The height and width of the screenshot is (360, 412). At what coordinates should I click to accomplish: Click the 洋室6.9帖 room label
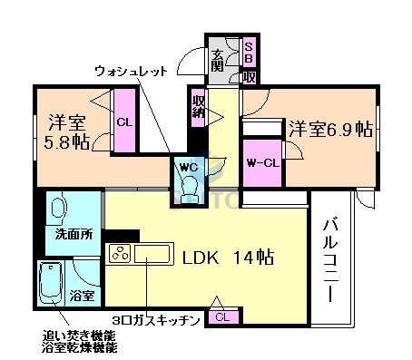(330, 128)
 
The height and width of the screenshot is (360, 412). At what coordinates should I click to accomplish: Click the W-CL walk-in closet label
(262, 163)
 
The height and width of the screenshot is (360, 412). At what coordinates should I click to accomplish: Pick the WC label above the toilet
(189, 166)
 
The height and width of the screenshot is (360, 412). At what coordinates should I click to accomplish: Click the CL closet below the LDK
(221, 316)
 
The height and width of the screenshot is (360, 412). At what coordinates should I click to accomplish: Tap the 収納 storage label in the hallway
(198, 107)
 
